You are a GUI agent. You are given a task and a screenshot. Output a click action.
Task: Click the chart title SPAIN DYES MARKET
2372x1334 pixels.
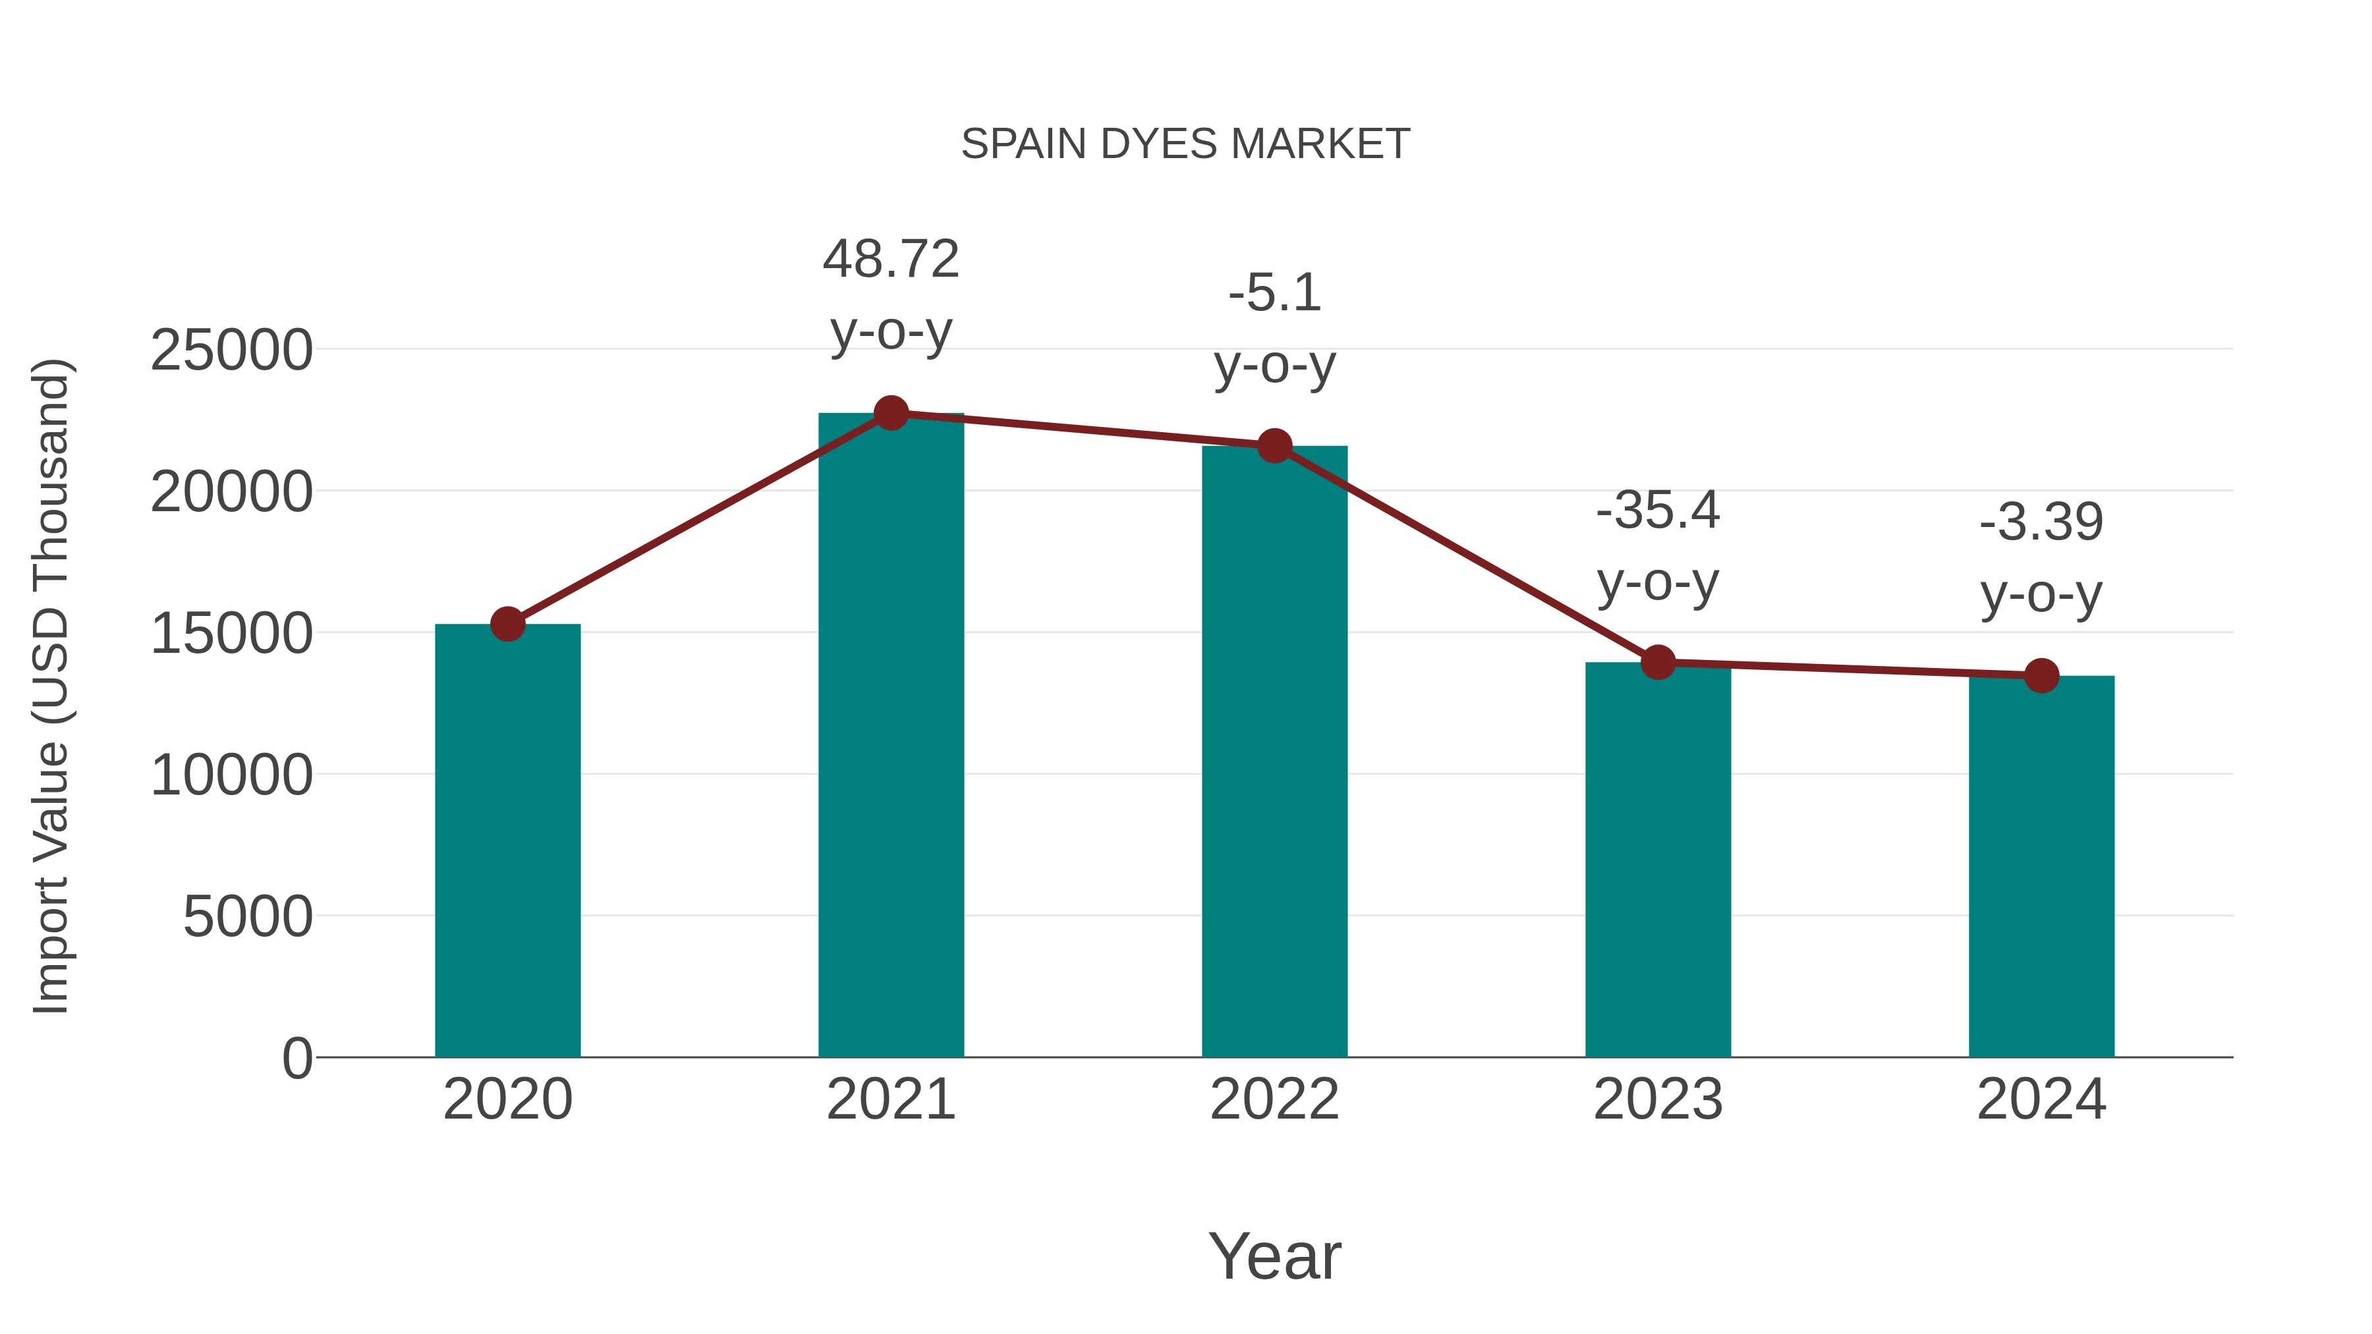coord(1185,144)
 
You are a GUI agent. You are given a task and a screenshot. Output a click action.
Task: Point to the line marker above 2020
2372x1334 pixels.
coord(507,625)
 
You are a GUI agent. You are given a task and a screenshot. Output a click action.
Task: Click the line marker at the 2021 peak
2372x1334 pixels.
coord(890,413)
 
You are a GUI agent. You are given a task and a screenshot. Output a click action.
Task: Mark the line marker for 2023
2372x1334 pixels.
coord(1658,662)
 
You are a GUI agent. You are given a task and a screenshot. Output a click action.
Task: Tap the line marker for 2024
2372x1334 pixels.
coord(2041,676)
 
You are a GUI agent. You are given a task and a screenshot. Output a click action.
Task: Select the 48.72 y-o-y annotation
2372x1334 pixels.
coord(890,294)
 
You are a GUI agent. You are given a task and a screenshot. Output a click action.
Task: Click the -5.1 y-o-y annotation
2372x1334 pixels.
coord(1274,329)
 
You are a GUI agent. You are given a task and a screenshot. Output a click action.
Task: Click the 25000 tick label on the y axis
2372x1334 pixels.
coord(231,350)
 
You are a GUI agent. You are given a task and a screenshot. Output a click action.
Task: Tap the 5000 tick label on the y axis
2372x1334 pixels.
coord(248,917)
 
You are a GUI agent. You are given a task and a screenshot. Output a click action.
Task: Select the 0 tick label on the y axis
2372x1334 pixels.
coord(297,1058)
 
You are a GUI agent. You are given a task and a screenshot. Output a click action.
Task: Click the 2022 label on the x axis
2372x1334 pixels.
coord(1274,1099)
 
